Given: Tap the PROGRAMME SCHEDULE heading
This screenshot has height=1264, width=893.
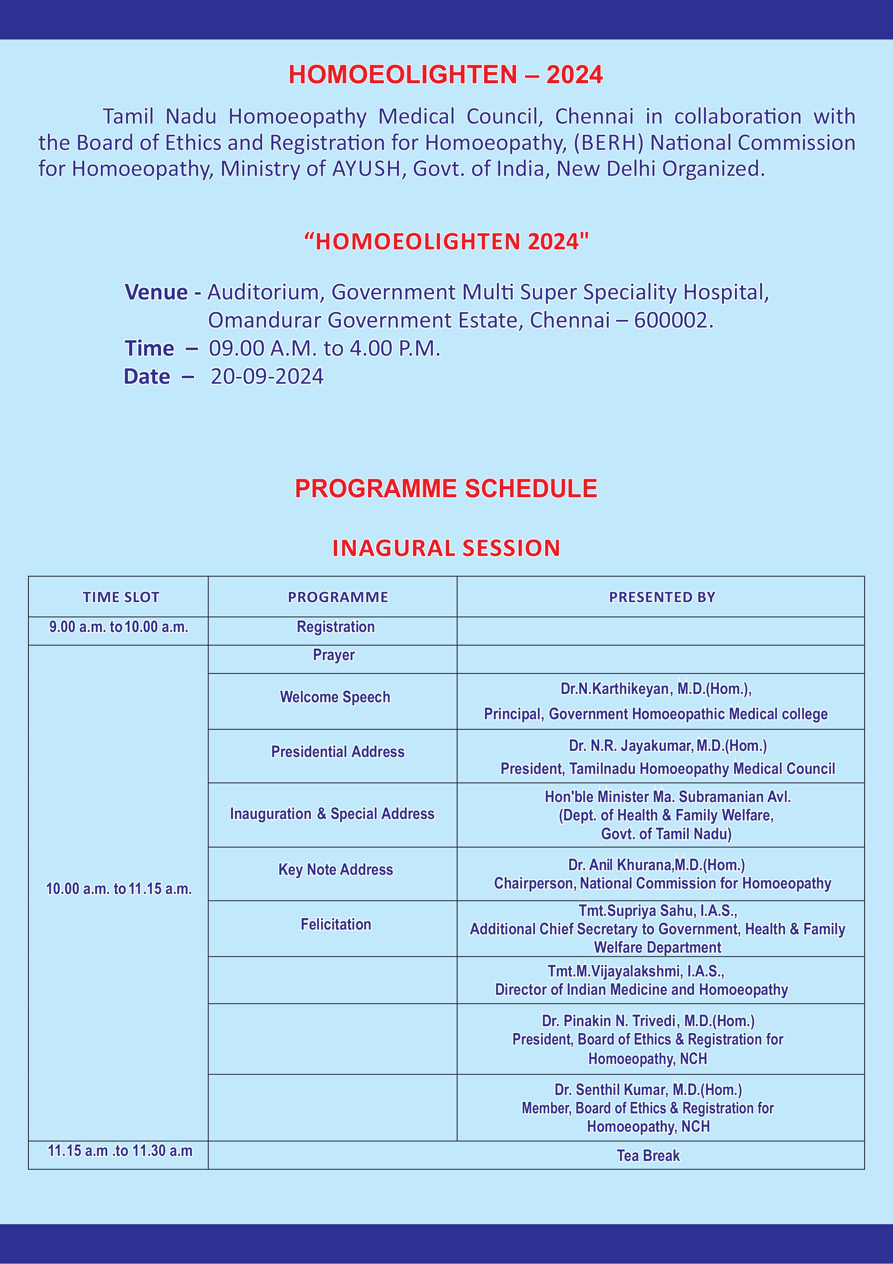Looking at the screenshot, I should point(446,488).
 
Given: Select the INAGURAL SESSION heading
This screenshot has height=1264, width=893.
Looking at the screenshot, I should point(446,548).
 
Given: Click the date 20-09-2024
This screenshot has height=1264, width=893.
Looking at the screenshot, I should point(268,377).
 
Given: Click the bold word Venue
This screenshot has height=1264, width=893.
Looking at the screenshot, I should point(156,292).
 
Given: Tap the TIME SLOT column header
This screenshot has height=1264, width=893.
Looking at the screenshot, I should point(121,597).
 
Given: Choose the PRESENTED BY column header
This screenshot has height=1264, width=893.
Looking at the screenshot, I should point(662,597).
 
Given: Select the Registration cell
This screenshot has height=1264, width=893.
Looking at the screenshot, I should point(336,627).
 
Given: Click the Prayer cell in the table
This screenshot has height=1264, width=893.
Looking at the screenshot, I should point(334,655).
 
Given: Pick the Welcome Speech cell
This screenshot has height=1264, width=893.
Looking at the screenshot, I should point(335,697).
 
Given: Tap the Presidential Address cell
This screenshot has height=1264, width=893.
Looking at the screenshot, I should point(338,752).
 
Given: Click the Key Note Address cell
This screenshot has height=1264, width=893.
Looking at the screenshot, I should point(336,870).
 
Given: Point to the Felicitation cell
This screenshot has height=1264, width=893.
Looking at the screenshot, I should point(336,924).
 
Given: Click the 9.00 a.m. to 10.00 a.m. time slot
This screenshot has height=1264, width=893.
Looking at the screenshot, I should point(119,627).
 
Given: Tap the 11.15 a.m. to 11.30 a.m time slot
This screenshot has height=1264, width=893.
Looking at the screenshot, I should point(120,1151).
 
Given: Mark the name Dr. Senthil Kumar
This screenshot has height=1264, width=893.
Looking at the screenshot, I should point(611,1090).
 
